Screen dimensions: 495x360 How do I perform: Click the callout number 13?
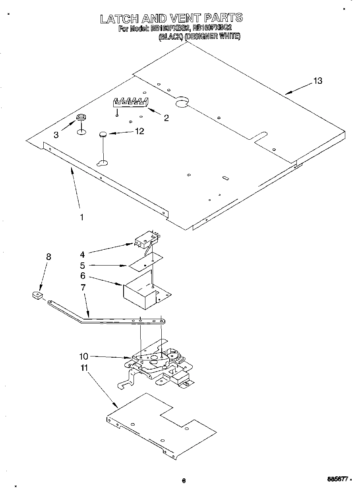click(x=317, y=81)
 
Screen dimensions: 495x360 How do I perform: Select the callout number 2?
click(x=166, y=117)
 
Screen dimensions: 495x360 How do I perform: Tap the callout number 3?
click(x=56, y=135)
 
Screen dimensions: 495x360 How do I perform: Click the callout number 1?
click(x=81, y=217)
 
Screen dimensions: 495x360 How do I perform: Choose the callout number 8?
click(x=48, y=257)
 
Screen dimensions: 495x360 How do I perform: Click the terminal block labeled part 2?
click(x=130, y=102)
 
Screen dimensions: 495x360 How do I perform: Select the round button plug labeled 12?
click(x=103, y=135)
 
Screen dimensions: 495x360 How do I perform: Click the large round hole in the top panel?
click(x=182, y=103)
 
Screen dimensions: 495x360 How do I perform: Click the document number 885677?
click(x=337, y=480)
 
